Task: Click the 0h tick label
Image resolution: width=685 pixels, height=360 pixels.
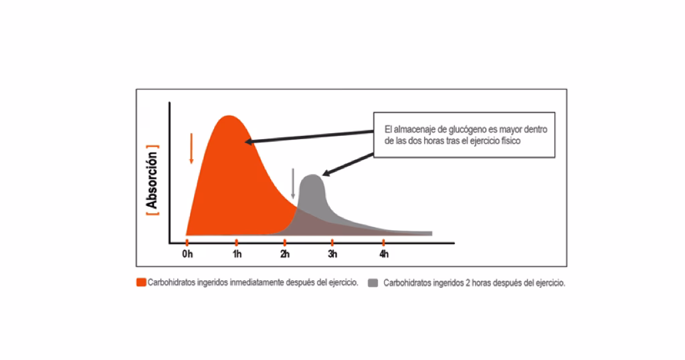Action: point(187,255)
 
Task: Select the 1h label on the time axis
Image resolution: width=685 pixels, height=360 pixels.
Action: point(237,255)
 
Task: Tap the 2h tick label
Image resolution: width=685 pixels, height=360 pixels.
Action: point(285,255)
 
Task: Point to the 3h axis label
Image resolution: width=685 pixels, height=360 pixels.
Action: point(332,255)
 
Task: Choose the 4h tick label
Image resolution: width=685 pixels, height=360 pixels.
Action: point(383,255)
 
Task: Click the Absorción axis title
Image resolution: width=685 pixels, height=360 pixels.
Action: point(153,180)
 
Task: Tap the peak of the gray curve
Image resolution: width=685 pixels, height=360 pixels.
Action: point(312,175)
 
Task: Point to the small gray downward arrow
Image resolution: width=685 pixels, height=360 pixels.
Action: point(292,184)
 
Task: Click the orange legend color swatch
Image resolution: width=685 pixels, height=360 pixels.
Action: point(141,282)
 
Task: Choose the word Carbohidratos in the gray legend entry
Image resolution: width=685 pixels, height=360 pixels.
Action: point(405,282)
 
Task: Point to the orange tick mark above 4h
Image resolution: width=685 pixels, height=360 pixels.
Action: point(383,242)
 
